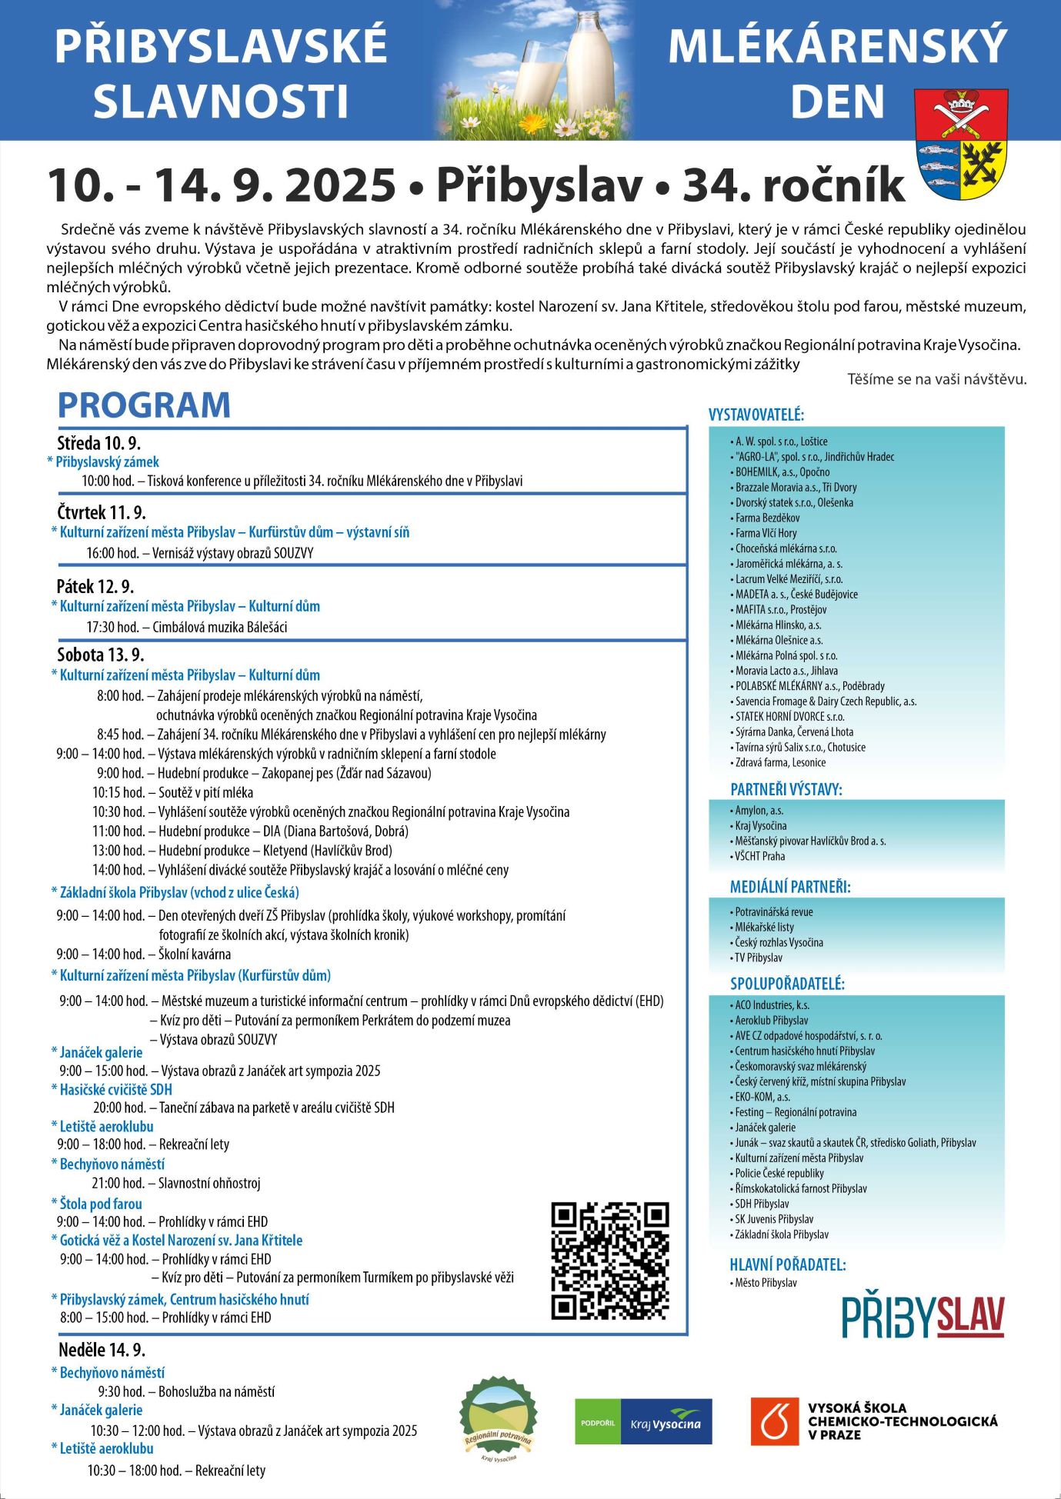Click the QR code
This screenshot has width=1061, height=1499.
(x=610, y=1261)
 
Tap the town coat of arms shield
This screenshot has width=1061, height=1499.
(x=961, y=144)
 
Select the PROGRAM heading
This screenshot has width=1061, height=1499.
(x=144, y=405)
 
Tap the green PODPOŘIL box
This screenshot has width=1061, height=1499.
(x=598, y=1422)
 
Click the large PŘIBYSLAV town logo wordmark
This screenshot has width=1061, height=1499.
(x=923, y=1317)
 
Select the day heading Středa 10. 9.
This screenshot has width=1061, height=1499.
(x=98, y=443)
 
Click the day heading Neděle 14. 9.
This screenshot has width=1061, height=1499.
(x=102, y=1350)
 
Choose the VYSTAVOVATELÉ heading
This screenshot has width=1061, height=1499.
(x=756, y=415)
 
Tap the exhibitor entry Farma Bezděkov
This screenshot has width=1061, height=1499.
(x=767, y=518)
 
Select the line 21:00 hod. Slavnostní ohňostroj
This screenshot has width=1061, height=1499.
(x=176, y=1183)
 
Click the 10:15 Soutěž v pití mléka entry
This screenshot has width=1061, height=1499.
(x=173, y=792)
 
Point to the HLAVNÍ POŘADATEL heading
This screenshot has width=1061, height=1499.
(x=787, y=1264)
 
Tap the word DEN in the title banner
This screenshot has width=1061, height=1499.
(x=838, y=102)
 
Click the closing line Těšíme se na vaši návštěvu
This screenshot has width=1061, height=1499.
(x=936, y=379)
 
